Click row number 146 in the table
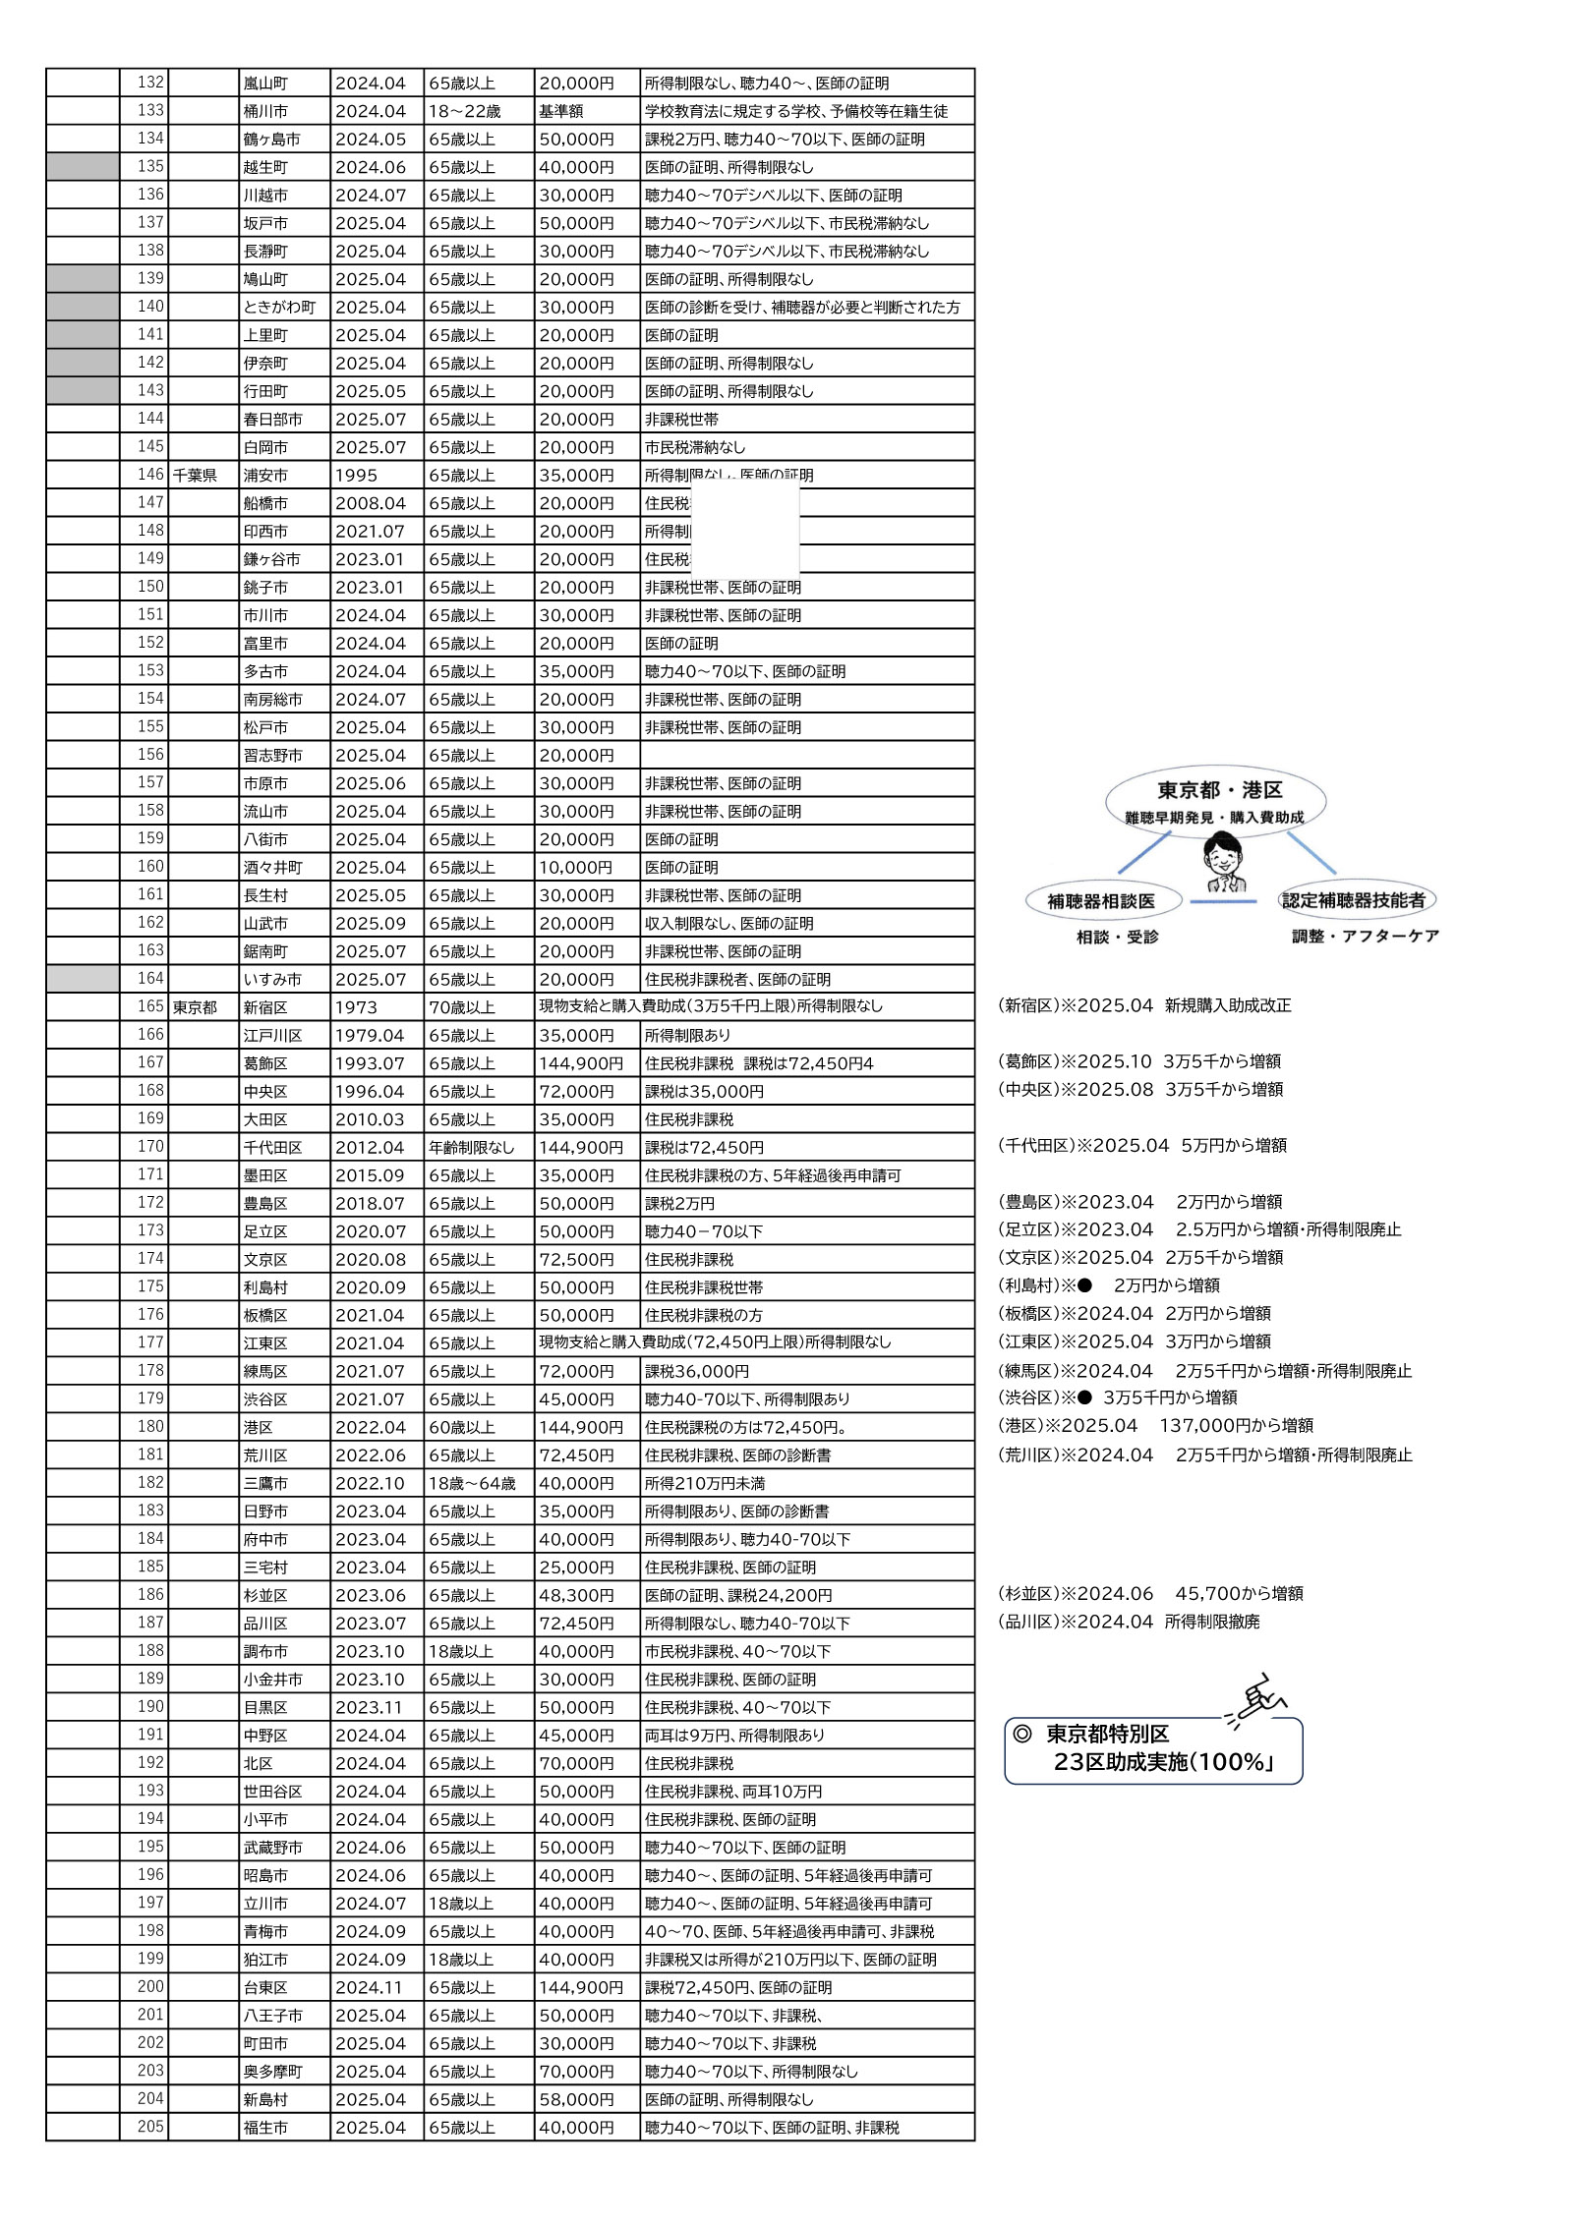(150, 475)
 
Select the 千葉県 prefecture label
(195, 476)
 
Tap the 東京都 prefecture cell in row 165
(195, 1007)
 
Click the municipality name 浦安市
(265, 476)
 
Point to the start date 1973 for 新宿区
(356, 1007)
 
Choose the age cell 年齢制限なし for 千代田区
(471, 1147)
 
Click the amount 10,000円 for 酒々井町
(575, 868)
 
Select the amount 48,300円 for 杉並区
(576, 1595)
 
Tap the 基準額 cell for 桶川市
(561, 111)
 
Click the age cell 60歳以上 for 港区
(462, 1427)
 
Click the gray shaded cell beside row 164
(83, 979)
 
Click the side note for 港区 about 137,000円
(1155, 1426)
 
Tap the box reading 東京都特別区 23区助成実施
(1152, 1750)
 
